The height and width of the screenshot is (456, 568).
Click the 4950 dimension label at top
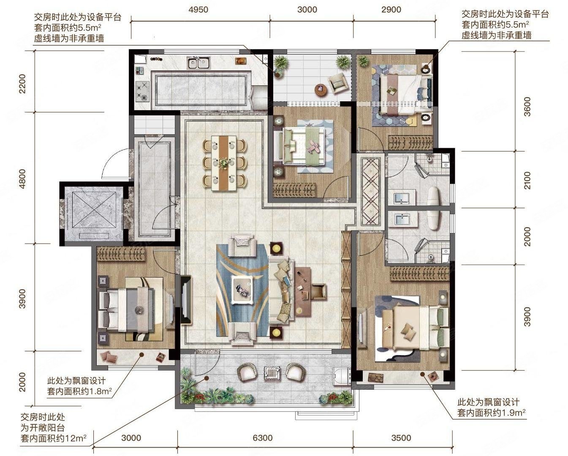pos(198,9)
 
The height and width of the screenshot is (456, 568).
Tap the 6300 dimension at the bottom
pos(262,438)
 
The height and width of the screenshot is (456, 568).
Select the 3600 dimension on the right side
pos(527,106)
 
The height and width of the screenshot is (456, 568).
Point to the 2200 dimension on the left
pos(22,84)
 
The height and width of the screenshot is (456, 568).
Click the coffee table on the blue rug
pos(242,290)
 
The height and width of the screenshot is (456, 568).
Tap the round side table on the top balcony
pos(321,90)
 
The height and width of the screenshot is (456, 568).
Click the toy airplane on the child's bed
pos(313,147)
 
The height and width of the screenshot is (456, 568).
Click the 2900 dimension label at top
pos(391,9)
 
